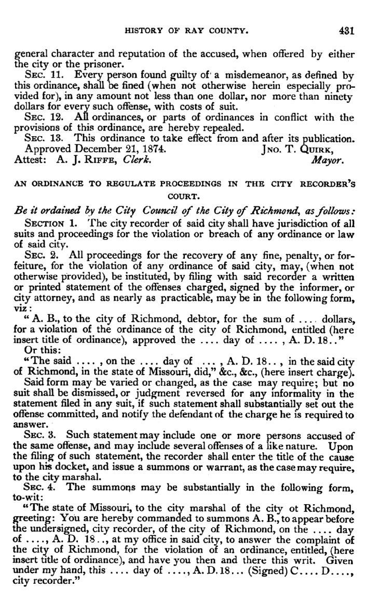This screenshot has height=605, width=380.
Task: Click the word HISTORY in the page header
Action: pyautogui.click(x=145, y=31)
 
